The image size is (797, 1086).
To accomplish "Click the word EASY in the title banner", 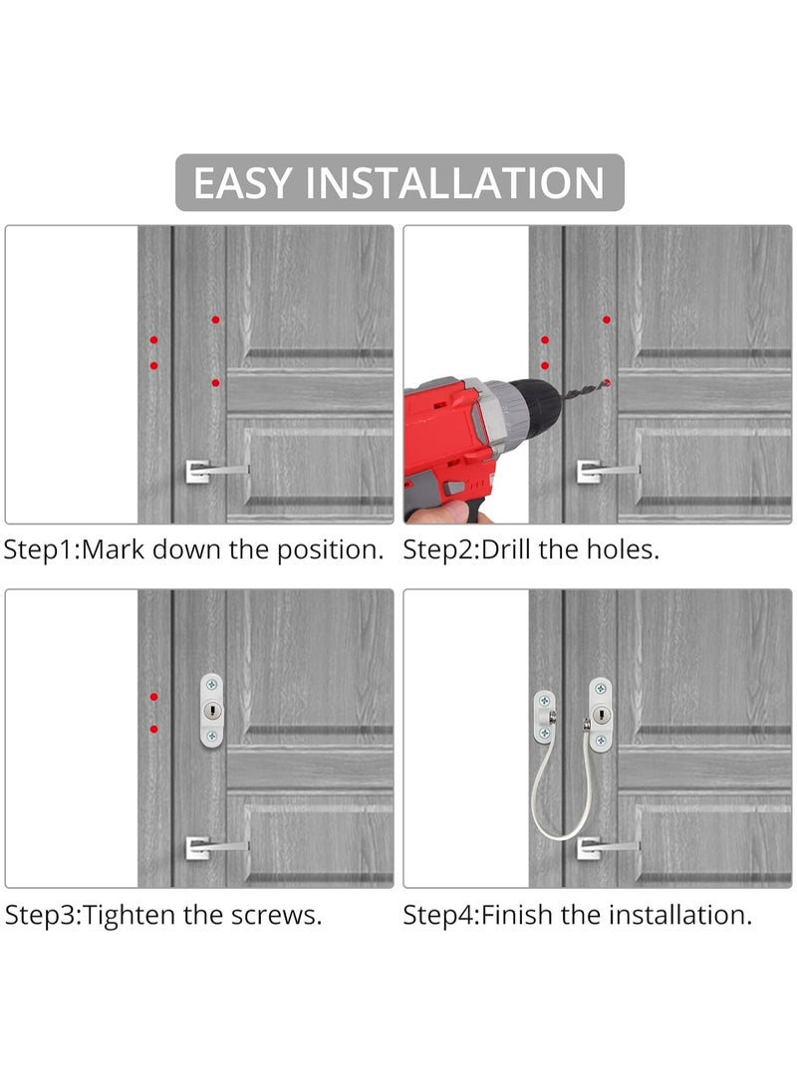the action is (242, 183).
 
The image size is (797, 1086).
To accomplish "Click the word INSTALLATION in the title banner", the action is (454, 183).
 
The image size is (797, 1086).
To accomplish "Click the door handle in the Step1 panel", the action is (216, 471).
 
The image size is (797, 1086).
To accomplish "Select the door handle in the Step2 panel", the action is (608, 471).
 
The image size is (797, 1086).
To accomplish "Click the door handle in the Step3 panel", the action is (216, 847).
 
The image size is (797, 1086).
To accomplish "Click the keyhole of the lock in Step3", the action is (212, 711).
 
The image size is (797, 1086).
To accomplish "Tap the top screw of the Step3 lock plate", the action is (212, 685).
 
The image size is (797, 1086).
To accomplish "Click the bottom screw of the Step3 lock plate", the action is (212, 736).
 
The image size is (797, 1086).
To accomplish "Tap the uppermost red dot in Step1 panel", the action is (215, 320).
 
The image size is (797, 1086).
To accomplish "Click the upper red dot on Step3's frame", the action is (153, 697).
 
